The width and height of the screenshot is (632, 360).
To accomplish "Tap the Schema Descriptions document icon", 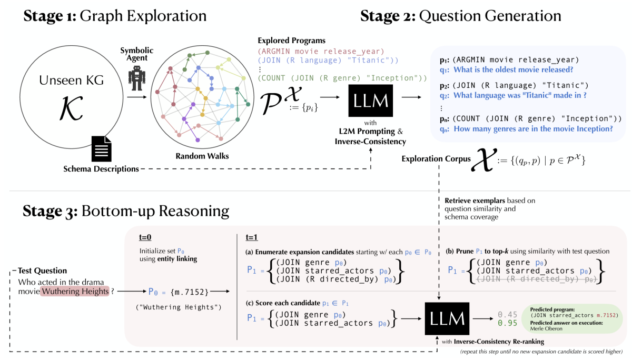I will click(x=101, y=148).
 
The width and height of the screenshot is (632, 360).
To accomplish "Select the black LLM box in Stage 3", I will click(x=447, y=317).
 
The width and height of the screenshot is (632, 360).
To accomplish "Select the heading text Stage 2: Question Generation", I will click(x=460, y=16).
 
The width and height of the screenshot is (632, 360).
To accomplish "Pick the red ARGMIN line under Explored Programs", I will click(x=321, y=51).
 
